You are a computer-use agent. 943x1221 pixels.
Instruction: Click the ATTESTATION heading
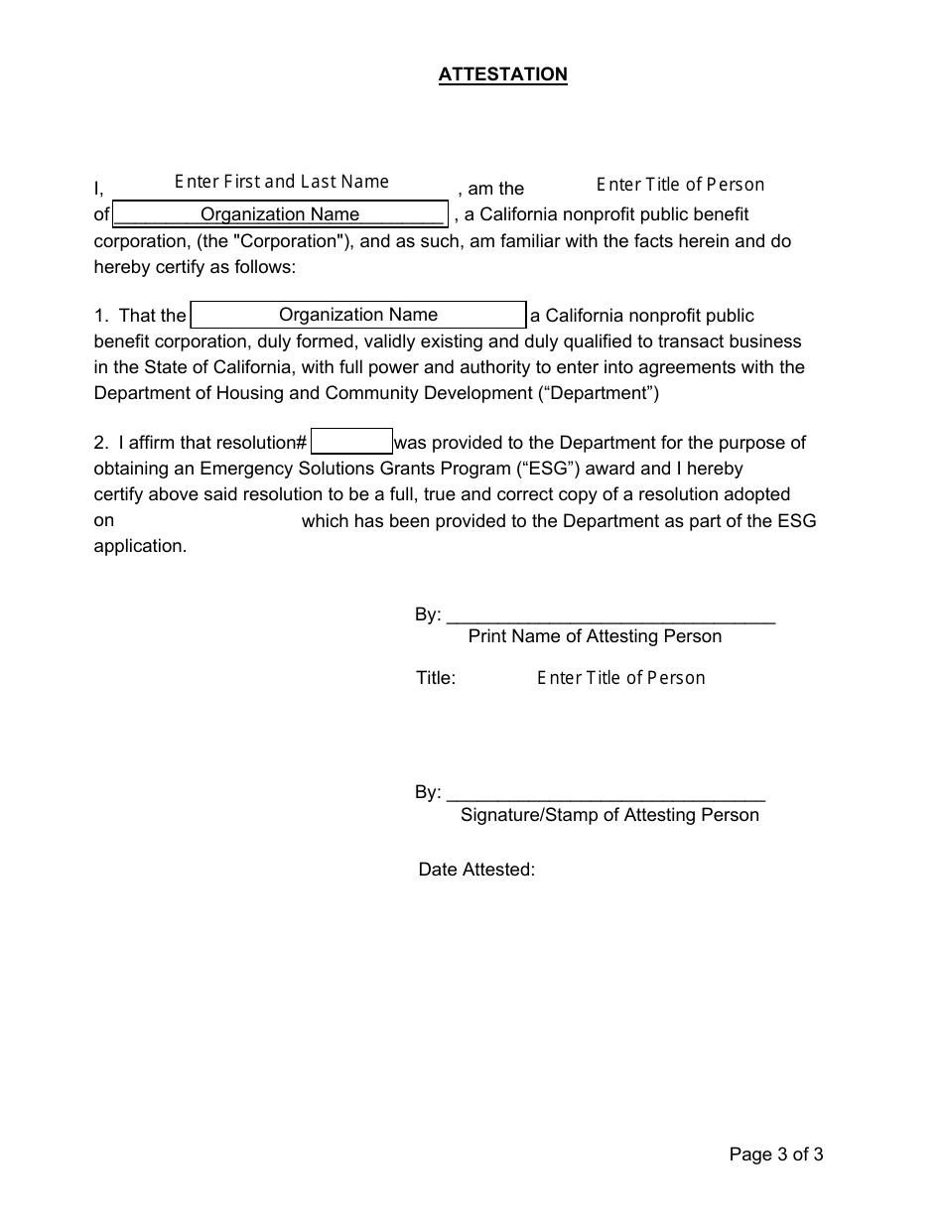[x=502, y=74]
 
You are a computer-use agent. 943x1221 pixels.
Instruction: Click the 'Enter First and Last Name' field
[x=282, y=182]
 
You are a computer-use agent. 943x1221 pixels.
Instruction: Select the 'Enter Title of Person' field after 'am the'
[x=680, y=185]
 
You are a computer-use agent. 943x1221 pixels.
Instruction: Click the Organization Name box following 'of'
[x=280, y=214]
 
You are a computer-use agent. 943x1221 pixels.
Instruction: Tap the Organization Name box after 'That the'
[x=357, y=315]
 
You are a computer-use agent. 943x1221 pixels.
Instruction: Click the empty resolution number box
[x=351, y=442]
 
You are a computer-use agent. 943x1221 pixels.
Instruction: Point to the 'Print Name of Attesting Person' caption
[x=595, y=636]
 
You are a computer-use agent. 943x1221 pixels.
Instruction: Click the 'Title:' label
[x=436, y=678]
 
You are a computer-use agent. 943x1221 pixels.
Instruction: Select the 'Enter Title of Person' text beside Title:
[x=620, y=678]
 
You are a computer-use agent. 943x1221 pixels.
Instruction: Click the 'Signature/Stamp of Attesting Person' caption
[x=609, y=815]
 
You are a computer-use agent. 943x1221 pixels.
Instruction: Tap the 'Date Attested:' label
[x=476, y=870]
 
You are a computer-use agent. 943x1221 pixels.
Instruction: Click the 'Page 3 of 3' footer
[x=775, y=1153]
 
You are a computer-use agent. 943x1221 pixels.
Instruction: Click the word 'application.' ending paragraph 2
[x=140, y=546]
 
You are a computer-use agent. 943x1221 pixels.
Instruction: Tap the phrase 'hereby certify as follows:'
[x=195, y=267]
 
